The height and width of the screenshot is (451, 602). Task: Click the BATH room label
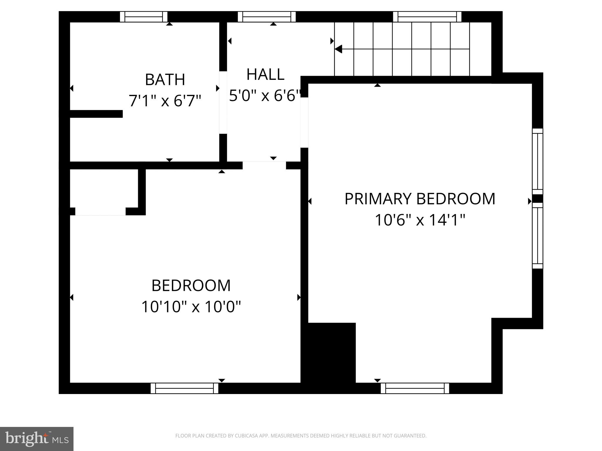pyautogui.click(x=165, y=80)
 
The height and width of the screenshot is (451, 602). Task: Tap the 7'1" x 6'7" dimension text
pyautogui.click(x=165, y=101)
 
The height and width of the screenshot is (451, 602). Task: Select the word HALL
pyautogui.click(x=265, y=74)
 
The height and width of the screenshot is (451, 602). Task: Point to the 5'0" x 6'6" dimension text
pyautogui.click(x=265, y=95)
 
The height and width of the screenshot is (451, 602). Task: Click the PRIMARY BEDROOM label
pyautogui.click(x=420, y=199)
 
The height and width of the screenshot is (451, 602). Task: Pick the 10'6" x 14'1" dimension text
pyautogui.click(x=420, y=220)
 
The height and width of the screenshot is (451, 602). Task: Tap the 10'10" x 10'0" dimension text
pyautogui.click(x=191, y=307)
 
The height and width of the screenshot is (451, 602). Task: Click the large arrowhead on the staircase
pyautogui.click(x=338, y=49)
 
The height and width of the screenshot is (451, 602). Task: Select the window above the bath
pyautogui.click(x=144, y=17)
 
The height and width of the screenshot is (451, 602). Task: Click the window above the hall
pyautogui.click(x=267, y=17)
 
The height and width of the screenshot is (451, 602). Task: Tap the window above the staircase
pyautogui.click(x=427, y=17)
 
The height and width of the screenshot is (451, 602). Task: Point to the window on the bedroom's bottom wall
pyautogui.click(x=184, y=388)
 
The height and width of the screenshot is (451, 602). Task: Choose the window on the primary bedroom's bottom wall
pyautogui.click(x=415, y=388)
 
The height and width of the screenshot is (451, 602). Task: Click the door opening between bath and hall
pyautogui.click(x=223, y=102)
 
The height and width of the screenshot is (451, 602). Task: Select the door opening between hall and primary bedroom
pyautogui.click(x=304, y=122)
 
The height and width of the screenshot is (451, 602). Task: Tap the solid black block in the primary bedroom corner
pyautogui.click(x=332, y=352)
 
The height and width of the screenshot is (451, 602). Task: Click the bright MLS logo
pyautogui.click(x=36, y=439)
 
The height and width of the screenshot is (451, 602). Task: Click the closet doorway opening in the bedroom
pyautogui.click(x=101, y=211)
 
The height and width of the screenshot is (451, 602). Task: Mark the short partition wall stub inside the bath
pyautogui.click(x=96, y=114)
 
